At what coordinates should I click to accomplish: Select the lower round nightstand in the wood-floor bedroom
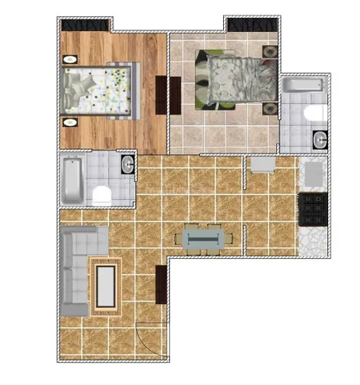point(70,123)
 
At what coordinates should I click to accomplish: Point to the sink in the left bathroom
point(127,166)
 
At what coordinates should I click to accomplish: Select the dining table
point(202,238)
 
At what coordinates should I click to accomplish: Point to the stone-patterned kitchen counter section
point(313,241)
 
